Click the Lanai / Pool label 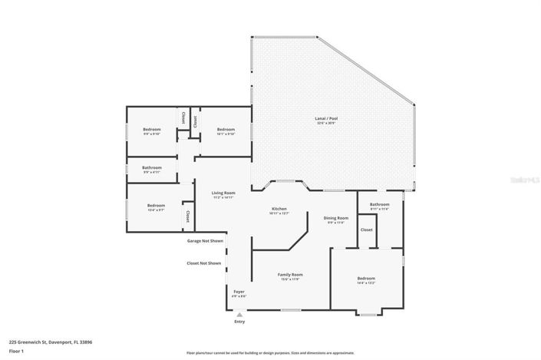point(326,119)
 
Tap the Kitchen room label point(279,209)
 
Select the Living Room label point(223,193)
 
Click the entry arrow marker point(239,314)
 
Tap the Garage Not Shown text point(206,240)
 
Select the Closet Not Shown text point(204,263)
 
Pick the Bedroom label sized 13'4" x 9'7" point(156,205)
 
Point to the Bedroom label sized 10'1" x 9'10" point(225,129)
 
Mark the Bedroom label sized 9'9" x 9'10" point(151,129)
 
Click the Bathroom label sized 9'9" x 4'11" point(151,167)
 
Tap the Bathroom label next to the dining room point(380,204)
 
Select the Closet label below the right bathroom point(366,230)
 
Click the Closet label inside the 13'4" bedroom point(187,216)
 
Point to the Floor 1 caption point(17,352)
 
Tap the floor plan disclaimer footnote point(276,352)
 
